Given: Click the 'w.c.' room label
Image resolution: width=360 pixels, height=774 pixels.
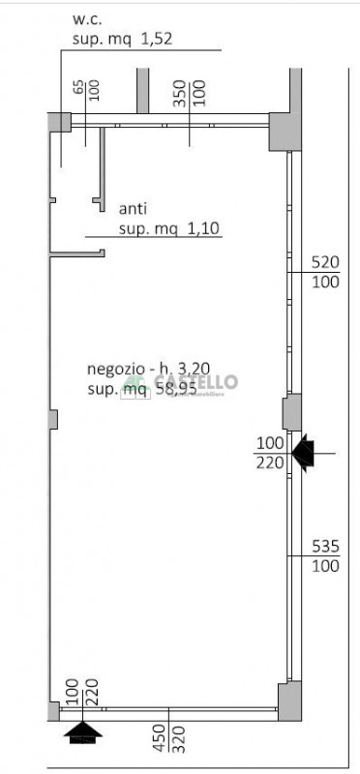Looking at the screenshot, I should (x=88, y=18).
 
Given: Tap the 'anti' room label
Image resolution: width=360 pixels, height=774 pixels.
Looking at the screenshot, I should (x=133, y=208).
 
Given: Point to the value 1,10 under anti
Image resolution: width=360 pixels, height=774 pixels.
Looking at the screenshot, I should (x=203, y=228).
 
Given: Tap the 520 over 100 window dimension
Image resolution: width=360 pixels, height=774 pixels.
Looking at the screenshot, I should (x=324, y=271).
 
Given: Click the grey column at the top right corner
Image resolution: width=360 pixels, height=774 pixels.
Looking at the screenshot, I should (x=284, y=130).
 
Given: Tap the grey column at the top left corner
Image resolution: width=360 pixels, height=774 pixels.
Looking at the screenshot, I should (x=60, y=122).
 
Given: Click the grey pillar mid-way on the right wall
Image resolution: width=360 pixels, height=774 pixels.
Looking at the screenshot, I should (x=290, y=413).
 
